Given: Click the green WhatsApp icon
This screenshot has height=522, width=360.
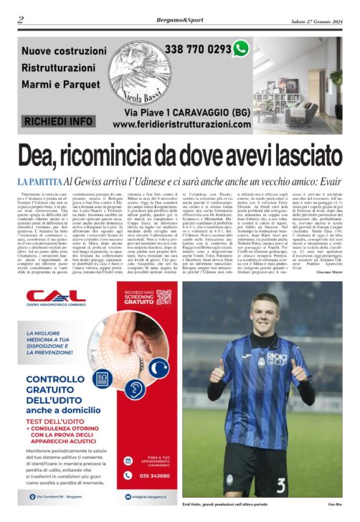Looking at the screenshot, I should point(241,49).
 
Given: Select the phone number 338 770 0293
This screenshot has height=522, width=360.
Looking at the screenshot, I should point(198,49).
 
